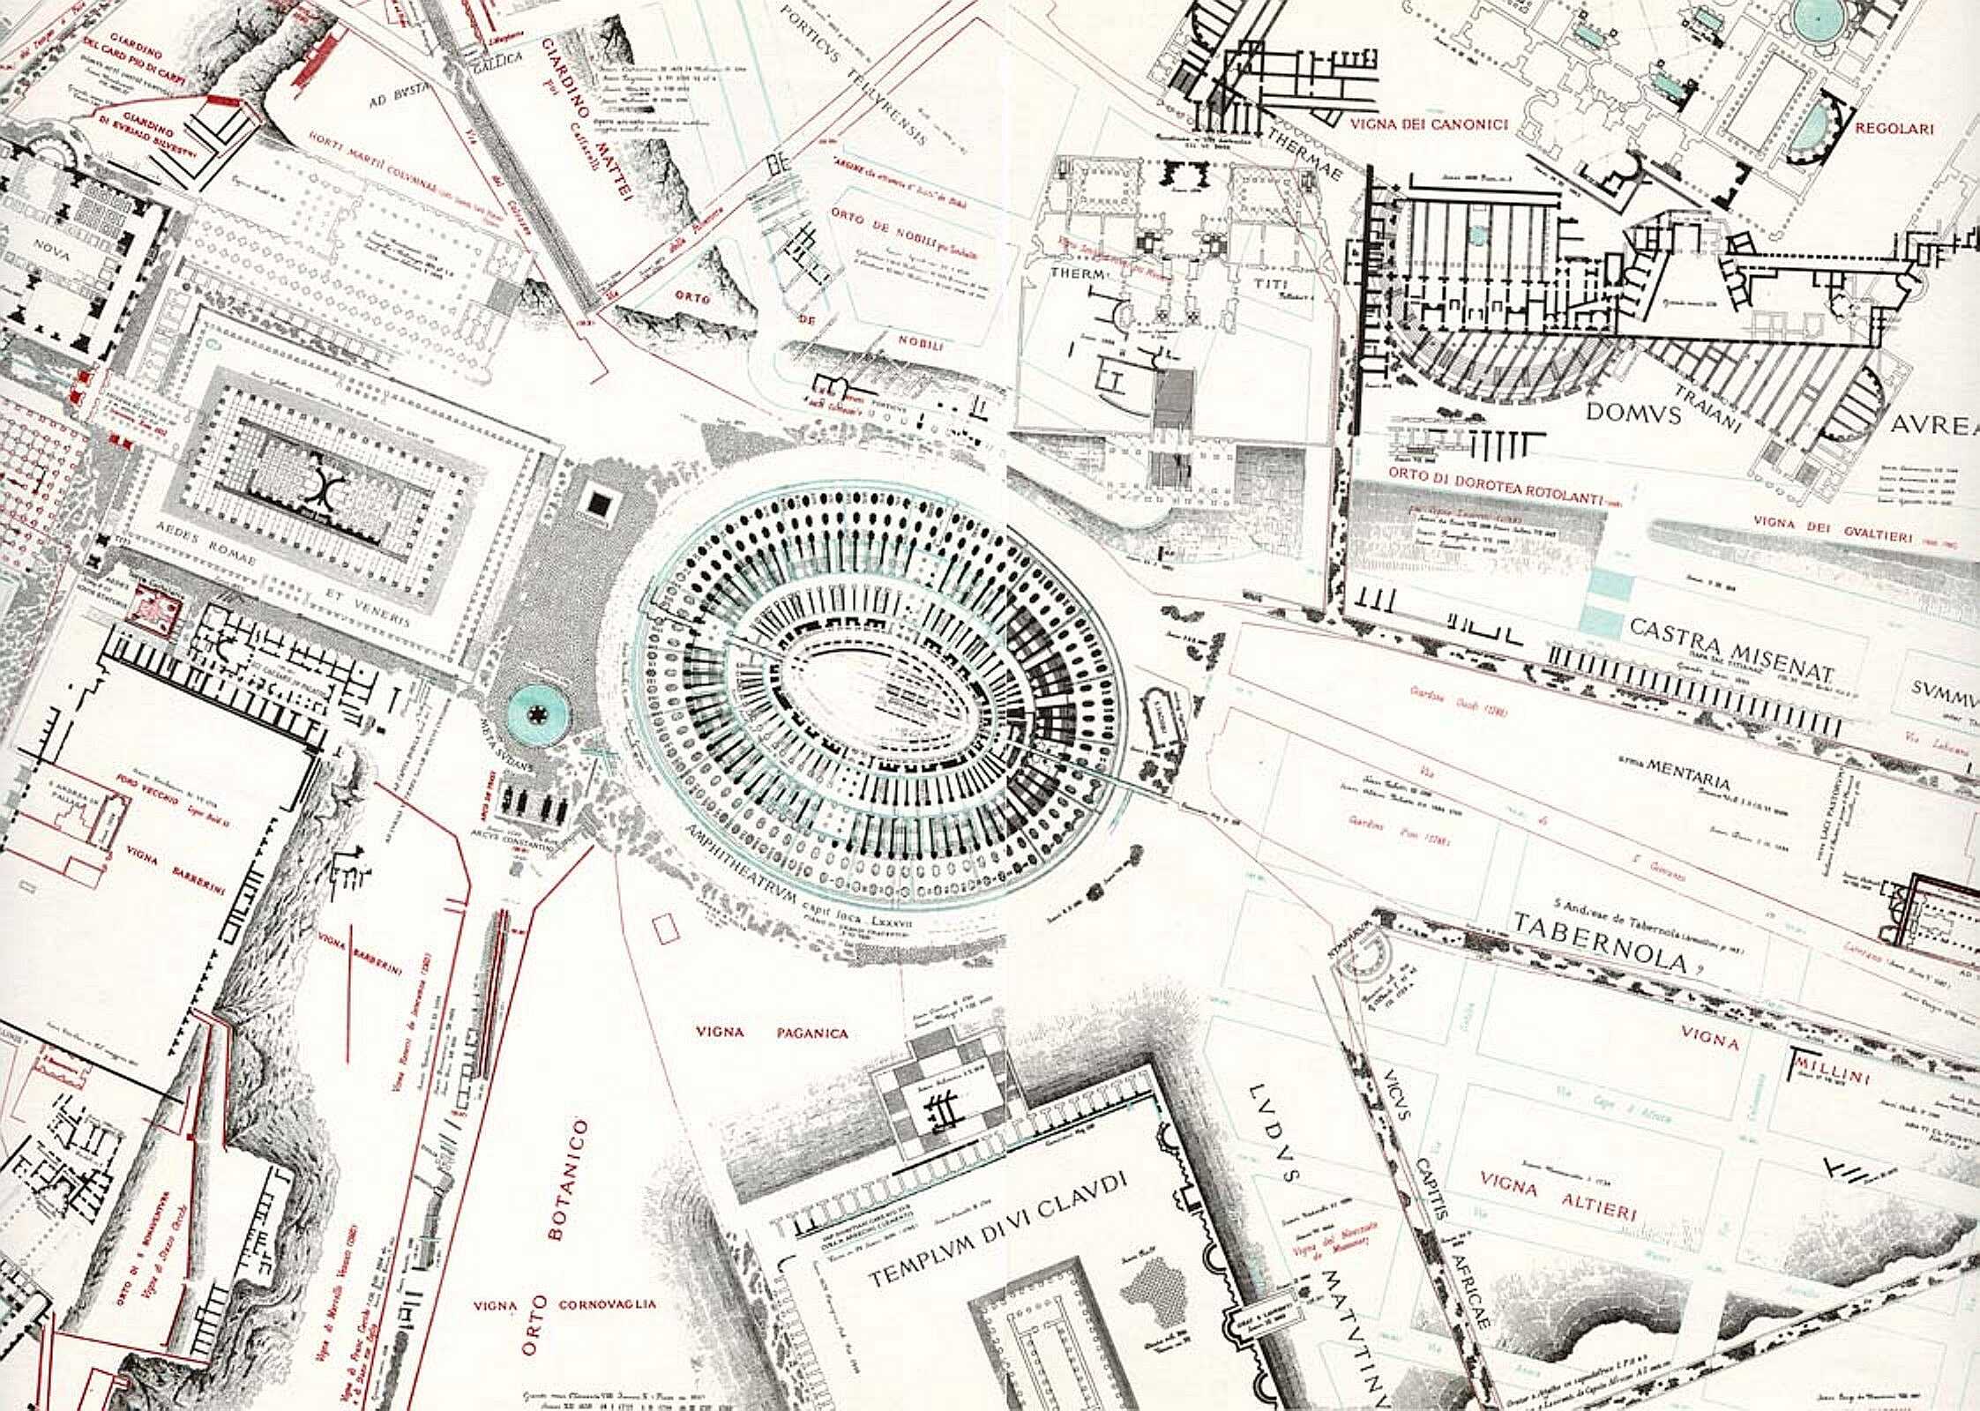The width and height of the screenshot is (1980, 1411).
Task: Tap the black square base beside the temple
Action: (601, 504)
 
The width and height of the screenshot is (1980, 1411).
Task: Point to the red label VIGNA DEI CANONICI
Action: (1429, 124)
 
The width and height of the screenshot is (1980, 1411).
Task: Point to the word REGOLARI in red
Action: (1894, 129)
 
